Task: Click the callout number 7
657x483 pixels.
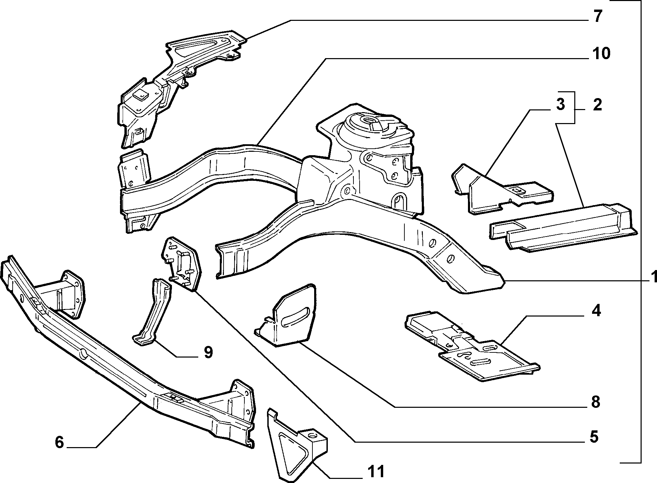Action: pos(597,16)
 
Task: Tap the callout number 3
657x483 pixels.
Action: pos(560,105)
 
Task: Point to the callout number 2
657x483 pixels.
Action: pos(597,105)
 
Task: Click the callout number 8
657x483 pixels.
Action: pos(595,402)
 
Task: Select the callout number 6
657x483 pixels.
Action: pos(59,442)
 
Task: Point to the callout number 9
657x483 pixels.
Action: pos(208,352)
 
